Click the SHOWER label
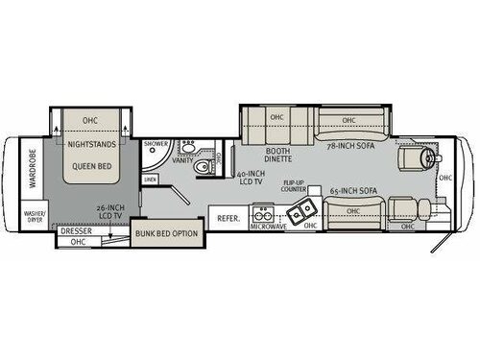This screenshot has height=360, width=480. (156, 145)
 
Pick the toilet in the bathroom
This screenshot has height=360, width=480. (202, 169)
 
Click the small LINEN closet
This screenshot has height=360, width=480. (150, 180)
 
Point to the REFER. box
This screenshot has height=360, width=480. (228, 218)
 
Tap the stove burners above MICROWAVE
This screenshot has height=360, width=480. (261, 217)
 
